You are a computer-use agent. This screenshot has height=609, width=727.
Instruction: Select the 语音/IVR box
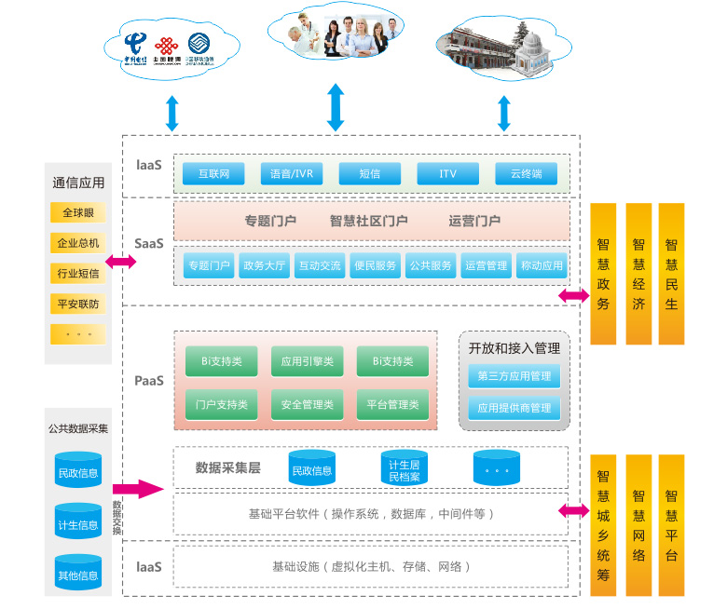(291, 173)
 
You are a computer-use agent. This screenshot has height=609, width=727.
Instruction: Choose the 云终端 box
(526, 173)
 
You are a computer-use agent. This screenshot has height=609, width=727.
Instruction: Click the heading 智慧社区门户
(368, 221)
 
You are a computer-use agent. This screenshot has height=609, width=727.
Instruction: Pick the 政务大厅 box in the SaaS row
(264, 265)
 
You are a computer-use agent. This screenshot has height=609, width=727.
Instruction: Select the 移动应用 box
(541, 265)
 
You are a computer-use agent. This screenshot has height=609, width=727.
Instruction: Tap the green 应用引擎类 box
(307, 360)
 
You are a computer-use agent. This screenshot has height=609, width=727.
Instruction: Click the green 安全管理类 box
(307, 404)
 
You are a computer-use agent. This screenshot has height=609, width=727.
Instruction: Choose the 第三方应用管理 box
(514, 377)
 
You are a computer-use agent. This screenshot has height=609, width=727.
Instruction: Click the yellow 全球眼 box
(78, 213)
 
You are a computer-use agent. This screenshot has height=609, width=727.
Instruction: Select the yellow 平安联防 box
(78, 304)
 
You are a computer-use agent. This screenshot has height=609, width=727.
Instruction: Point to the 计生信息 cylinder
(78, 523)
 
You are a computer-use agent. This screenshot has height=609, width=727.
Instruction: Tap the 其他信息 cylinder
(78, 574)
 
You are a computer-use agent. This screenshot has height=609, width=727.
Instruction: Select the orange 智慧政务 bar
(603, 274)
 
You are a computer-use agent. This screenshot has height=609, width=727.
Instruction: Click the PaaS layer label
(148, 380)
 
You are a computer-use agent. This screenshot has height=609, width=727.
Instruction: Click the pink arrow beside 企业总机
(121, 262)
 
